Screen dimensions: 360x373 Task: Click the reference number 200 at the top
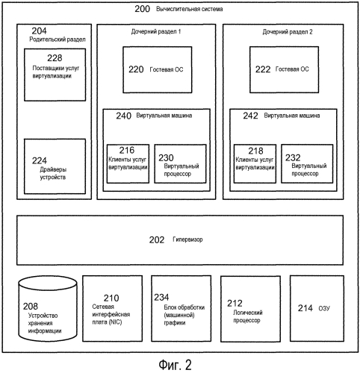(142, 9)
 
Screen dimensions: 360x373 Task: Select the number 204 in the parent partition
(39, 31)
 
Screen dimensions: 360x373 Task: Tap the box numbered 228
(55, 75)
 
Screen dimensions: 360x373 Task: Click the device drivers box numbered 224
(55, 166)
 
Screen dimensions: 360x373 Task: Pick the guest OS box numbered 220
(158, 70)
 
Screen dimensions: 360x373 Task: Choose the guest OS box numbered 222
(284, 69)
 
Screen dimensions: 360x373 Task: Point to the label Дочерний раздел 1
(156, 31)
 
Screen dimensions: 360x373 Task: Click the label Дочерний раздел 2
(288, 32)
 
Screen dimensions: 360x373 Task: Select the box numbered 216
(128, 164)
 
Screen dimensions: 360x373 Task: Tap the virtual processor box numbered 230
(180, 164)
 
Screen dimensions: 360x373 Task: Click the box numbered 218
(255, 164)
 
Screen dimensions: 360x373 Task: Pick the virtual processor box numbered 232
(307, 164)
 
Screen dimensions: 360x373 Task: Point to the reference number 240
(123, 116)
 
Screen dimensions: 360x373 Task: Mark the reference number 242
(250, 116)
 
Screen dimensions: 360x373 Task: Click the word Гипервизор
(187, 239)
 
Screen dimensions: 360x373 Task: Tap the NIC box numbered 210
(113, 308)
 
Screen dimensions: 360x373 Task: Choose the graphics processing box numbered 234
(181, 308)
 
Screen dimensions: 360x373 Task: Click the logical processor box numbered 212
(250, 308)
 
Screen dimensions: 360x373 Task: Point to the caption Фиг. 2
(176, 365)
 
